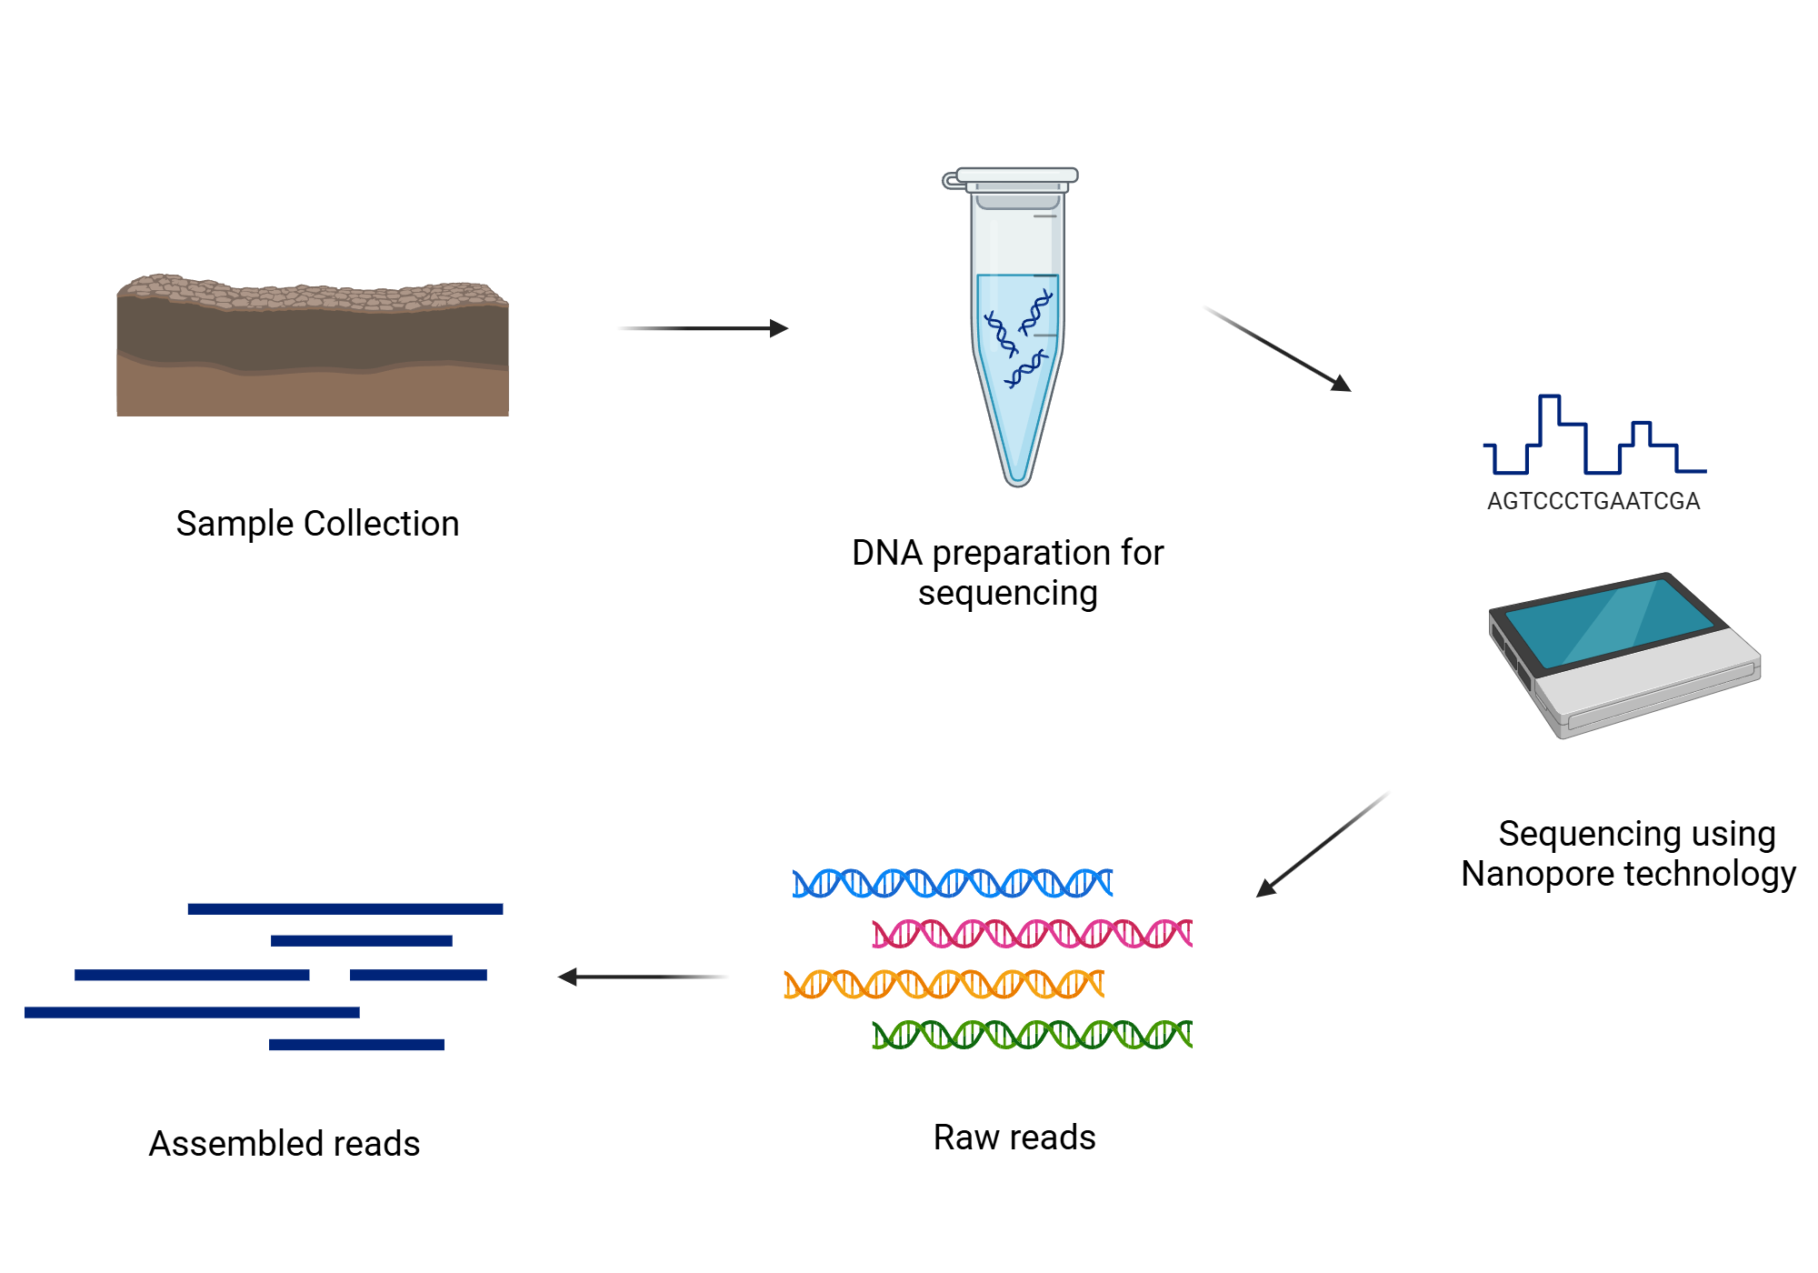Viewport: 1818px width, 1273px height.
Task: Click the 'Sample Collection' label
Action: [x=317, y=524]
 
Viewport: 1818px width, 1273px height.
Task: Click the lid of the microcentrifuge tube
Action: [x=1015, y=175]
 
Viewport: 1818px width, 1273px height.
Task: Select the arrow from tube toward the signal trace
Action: [x=1276, y=349]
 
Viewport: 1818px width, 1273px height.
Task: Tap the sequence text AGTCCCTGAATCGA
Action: [x=1593, y=501]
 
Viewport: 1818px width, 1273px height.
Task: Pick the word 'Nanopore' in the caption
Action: [x=1537, y=874]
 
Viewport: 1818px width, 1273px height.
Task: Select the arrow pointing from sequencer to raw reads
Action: [x=1323, y=845]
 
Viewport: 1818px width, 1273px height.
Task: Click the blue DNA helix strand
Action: [x=952, y=883]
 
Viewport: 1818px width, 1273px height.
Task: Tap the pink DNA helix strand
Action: [x=1032, y=934]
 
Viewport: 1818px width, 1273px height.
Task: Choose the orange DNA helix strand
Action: [x=944, y=984]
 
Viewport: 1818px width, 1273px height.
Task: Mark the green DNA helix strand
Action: [x=1032, y=1035]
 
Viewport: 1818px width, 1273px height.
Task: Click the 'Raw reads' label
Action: [x=1014, y=1138]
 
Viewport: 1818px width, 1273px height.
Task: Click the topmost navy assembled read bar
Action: [x=345, y=908]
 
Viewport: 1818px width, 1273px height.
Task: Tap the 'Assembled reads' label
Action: [x=285, y=1144]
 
